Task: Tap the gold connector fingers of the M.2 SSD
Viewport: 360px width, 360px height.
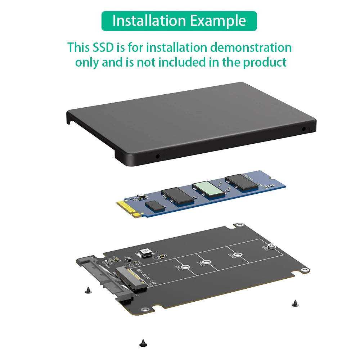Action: pyautogui.click(x=131, y=211)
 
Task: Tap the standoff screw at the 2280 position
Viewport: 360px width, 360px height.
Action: pyautogui.click(x=273, y=247)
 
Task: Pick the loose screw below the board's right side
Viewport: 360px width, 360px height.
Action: pyautogui.click(x=294, y=303)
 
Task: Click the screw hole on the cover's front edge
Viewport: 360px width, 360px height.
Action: pyautogui.click(x=157, y=156)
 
